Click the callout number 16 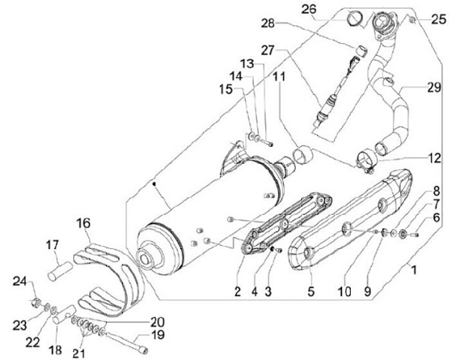[84, 223]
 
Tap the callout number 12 [433, 157]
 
